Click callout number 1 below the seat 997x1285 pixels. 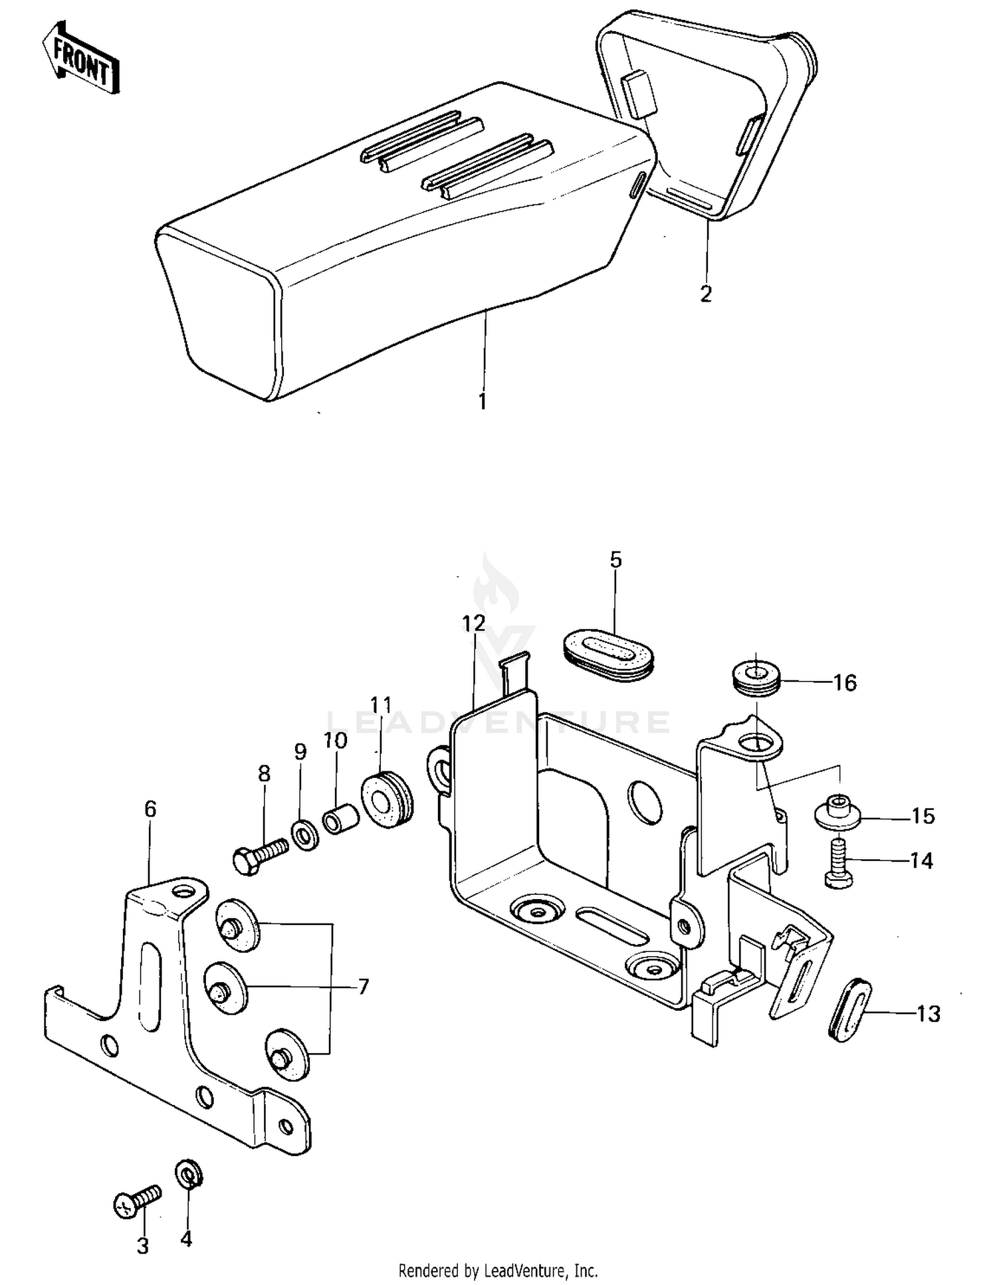click(x=483, y=401)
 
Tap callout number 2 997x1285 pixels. click(x=706, y=293)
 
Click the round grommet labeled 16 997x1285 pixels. click(x=756, y=678)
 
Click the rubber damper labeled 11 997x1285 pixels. click(x=386, y=799)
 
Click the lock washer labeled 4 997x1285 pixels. click(x=189, y=1175)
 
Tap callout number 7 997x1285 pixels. click(x=363, y=987)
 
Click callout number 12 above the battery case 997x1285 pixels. click(x=474, y=623)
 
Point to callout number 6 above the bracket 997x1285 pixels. click(x=150, y=809)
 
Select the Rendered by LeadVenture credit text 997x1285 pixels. click(x=498, y=1270)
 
